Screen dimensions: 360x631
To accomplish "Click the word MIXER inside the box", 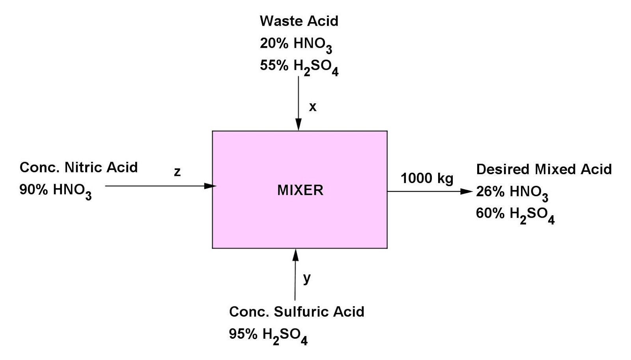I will pos(300,190).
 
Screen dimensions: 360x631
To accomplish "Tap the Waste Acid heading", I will pos(299,21).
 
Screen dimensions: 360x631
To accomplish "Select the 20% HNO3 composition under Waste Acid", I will pos(296,44).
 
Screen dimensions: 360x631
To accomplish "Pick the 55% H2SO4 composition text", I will pos(299,67).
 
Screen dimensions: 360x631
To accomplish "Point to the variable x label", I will pos(313,107).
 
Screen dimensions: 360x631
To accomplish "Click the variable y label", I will pos(307,278).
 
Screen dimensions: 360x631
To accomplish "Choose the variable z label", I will pos(177,172).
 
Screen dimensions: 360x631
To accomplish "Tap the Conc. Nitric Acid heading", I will pos(78,168).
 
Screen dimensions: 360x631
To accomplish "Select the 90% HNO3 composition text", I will pos(56,191).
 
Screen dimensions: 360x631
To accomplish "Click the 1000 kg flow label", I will pos(427,178).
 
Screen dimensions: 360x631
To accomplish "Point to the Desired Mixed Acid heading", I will pos(544,169).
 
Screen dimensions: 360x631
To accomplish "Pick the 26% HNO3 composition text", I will pos(512,192).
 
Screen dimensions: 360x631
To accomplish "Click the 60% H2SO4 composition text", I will pos(515,215).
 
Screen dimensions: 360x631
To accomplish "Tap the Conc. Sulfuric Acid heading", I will pos(297,312).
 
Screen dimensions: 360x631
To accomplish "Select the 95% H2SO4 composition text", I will pos(268,335).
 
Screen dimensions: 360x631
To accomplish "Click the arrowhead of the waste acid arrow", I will pos(299,125).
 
